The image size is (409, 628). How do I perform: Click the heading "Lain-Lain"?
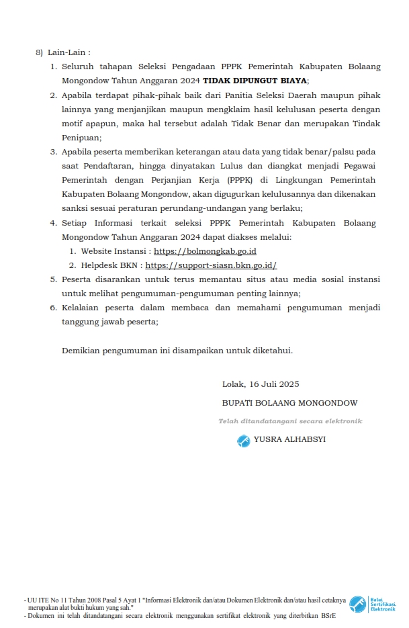[x=69, y=52]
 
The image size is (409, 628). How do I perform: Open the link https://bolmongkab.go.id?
[x=205, y=251]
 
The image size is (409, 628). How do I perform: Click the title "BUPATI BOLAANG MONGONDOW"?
[x=289, y=403]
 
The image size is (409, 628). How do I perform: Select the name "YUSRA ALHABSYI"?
[x=289, y=440]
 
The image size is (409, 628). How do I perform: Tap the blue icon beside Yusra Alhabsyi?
[x=243, y=441]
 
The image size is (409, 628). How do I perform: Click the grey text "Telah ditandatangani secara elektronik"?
[x=289, y=421]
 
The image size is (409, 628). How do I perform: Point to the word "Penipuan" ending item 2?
[x=81, y=138]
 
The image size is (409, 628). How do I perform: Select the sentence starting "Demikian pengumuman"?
[x=177, y=351]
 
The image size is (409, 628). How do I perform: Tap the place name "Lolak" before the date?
[x=234, y=384]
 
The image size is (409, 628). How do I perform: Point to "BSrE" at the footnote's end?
[x=328, y=615]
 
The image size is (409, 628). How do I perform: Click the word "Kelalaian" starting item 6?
[x=83, y=308]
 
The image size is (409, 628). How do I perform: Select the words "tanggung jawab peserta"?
[x=109, y=322]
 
